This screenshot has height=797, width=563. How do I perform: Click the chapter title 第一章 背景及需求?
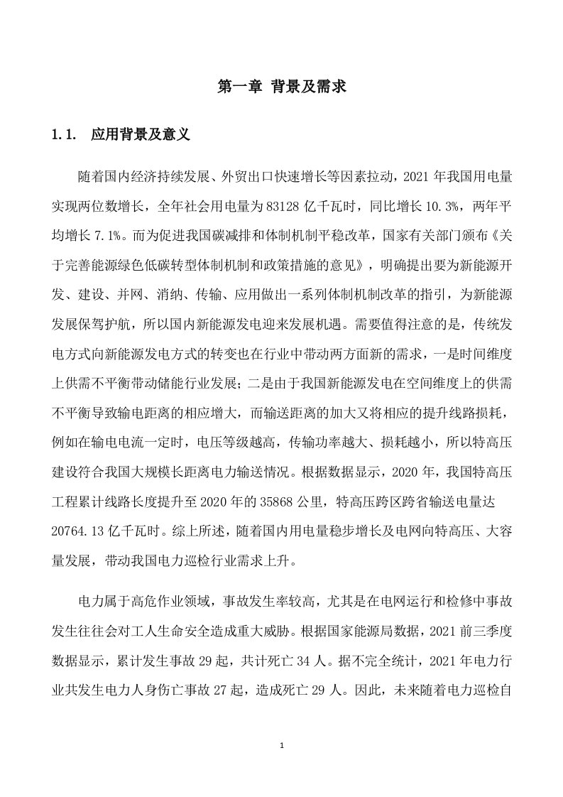tap(281, 88)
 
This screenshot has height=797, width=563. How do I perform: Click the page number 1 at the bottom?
tap(282, 747)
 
